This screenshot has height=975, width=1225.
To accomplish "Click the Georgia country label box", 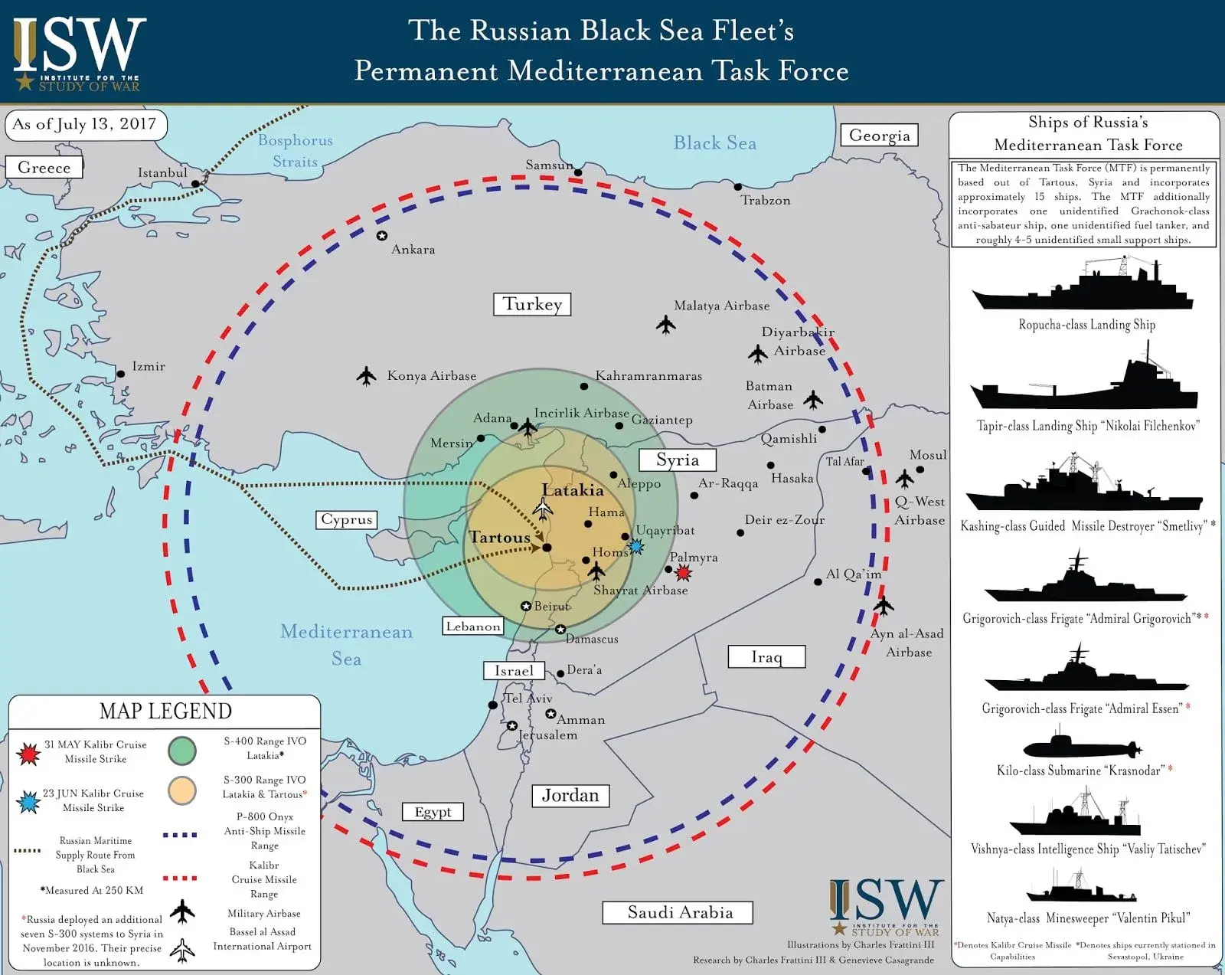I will (879, 136).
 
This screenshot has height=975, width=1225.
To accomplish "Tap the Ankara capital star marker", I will (381, 236).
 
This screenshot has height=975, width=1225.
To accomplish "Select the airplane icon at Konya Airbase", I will (367, 376).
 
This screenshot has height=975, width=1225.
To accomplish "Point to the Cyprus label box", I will (346, 519).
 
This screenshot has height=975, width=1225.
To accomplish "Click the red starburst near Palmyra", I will (683, 572).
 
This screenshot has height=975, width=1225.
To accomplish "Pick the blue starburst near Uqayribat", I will (635, 546).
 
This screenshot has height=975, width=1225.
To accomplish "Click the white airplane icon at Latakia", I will (544, 508).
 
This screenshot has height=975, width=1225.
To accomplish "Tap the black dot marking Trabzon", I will (738, 187).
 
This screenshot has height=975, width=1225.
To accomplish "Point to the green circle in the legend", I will (182, 750).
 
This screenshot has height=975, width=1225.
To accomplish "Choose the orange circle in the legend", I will (182, 790).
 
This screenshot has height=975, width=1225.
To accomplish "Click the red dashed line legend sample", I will (180, 878).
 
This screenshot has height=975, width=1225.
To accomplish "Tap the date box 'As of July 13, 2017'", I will (85, 125).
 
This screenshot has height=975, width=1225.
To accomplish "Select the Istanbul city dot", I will (195, 184).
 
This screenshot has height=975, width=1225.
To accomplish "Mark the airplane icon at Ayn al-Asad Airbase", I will (884, 605).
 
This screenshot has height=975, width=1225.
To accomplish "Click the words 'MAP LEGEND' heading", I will (165, 712).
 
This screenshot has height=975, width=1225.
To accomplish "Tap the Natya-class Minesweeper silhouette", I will (1081, 888).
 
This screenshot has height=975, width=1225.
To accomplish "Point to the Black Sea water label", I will (714, 143).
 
